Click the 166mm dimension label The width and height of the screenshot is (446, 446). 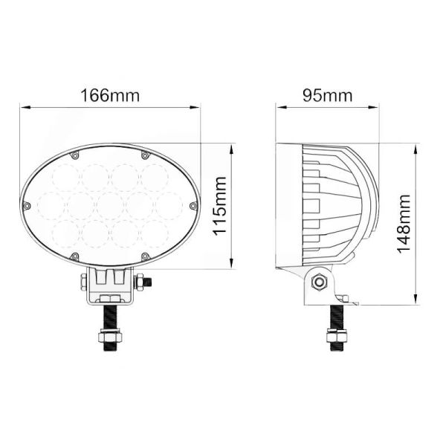[x=109, y=96]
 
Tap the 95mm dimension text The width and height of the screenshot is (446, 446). [x=327, y=96]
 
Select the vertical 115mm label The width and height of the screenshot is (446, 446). [x=220, y=205]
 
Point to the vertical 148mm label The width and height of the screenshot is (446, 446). [x=404, y=223]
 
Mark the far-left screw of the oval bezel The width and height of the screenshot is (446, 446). [x=27, y=205]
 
